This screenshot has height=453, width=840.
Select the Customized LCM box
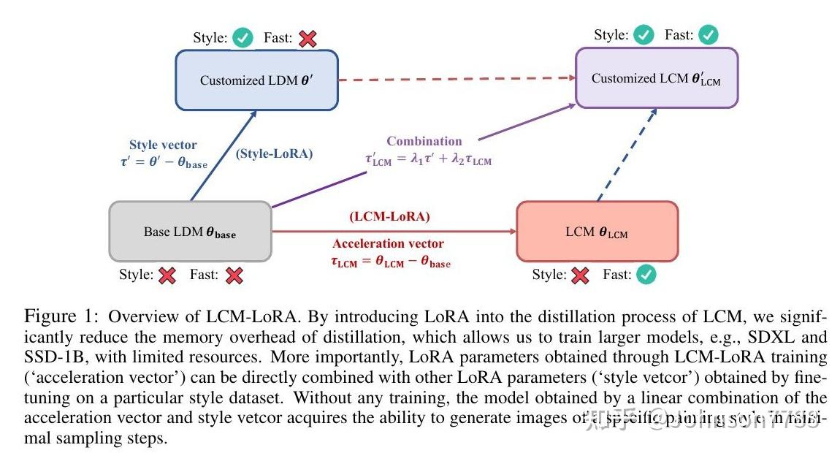pyautogui.click(x=656, y=78)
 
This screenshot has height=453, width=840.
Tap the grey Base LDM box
pyautogui.click(x=190, y=232)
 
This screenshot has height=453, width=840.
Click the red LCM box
pyautogui.click(x=597, y=232)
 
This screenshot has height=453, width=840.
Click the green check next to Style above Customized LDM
pyautogui.click(x=243, y=39)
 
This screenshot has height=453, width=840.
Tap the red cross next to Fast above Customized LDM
pyautogui.click(x=308, y=39)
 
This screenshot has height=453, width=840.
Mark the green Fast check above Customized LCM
pyautogui.click(x=708, y=34)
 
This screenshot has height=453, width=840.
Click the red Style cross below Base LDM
pyautogui.click(x=167, y=275)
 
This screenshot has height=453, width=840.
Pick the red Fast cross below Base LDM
pyautogui.click(x=234, y=275)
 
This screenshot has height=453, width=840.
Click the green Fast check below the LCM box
pyautogui.click(x=646, y=275)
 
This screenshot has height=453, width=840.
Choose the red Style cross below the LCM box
pyautogui.click(x=580, y=275)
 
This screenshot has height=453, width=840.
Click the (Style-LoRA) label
pyautogui.click(x=275, y=154)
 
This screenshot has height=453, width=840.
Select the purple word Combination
pyautogui.click(x=424, y=141)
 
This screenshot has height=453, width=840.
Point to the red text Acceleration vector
pyautogui.click(x=388, y=243)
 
